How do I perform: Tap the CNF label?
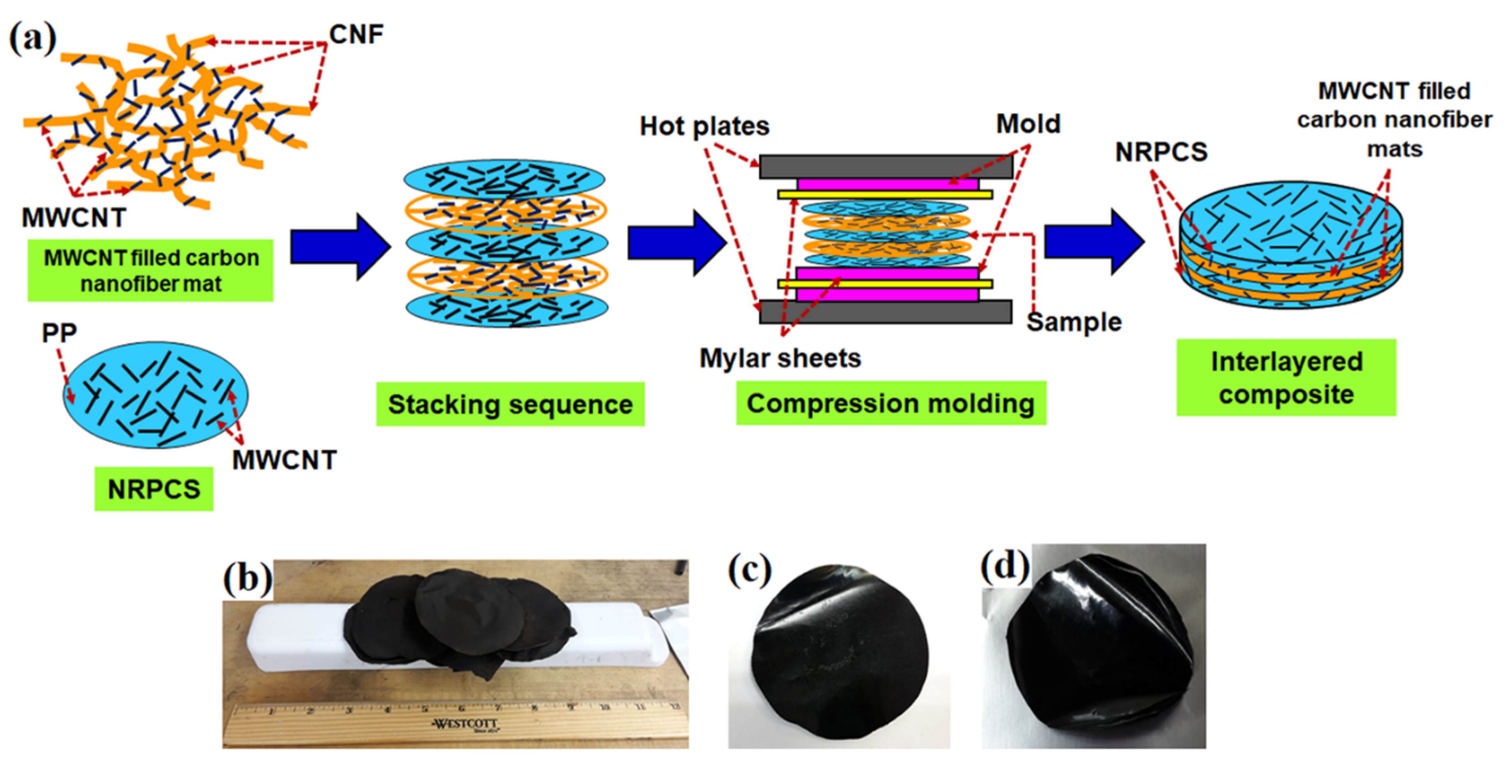[356, 34]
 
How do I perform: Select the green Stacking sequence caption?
[510, 405]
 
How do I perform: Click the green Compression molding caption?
[890, 403]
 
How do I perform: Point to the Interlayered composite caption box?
[1286, 377]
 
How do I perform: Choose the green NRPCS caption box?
[154, 489]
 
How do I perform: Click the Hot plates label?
[704, 126]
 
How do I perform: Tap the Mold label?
[1028, 124]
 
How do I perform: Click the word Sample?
[1074, 322]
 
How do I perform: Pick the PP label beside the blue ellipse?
[59, 333]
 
